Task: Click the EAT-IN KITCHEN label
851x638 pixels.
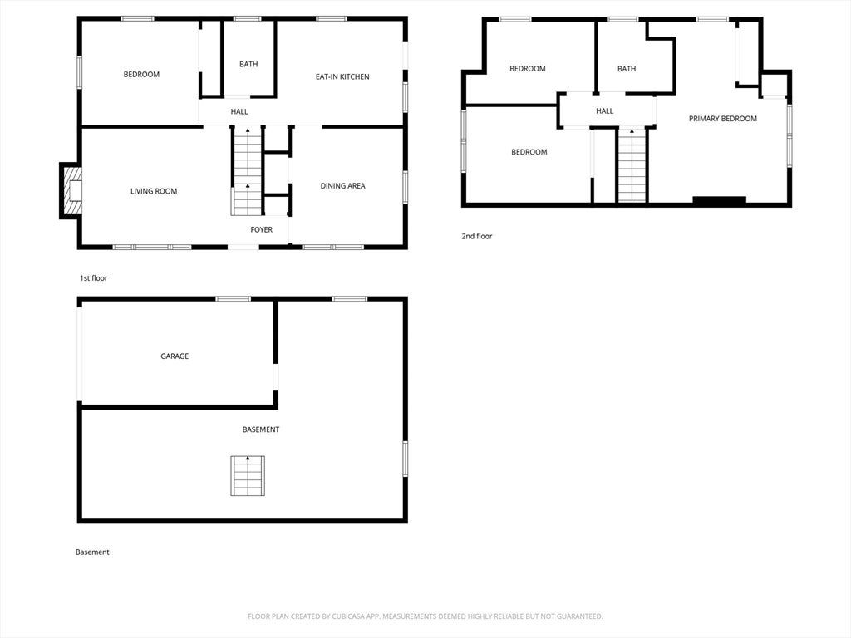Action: click(x=342, y=77)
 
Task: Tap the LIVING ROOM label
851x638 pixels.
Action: click(x=154, y=191)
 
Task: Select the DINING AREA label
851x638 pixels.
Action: click(x=342, y=185)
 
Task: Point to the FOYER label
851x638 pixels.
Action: click(x=262, y=229)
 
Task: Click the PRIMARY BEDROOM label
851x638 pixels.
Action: click(x=723, y=118)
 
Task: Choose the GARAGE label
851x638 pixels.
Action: click(x=175, y=356)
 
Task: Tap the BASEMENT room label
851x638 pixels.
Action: click(x=260, y=429)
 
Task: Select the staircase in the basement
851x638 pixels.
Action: click(x=248, y=476)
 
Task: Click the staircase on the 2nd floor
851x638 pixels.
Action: click(x=632, y=166)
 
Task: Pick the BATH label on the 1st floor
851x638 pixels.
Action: click(x=248, y=64)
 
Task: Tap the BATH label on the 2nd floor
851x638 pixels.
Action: click(x=627, y=69)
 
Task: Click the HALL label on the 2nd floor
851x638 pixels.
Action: click(x=605, y=110)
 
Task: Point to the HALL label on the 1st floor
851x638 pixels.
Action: click(x=239, y=112)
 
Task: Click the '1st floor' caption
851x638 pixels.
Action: click(x=93, y=277)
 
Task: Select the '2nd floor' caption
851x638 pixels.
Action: click(x=477, y=236)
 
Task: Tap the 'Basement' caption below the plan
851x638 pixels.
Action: click(x=92, y=552)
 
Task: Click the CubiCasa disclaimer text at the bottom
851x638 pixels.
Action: click(x=425, y=616)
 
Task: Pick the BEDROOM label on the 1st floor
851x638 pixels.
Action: click(x=141, y=74)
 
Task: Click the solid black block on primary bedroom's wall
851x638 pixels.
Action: click(x=719, y=201)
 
